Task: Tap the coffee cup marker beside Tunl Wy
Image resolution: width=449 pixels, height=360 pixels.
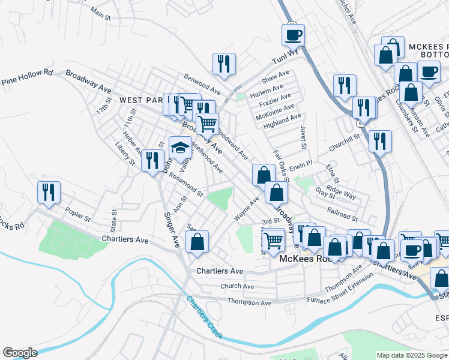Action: pyautogui.click(x=293, y=35)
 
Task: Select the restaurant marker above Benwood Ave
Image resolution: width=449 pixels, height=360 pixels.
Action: pyautogui.click(x=224, y=64)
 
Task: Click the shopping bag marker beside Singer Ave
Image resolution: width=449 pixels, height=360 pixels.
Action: pyautogui.click(x=197, y=242)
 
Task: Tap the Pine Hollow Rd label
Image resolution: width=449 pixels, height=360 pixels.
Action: pyautogui.click(x=27, y=76)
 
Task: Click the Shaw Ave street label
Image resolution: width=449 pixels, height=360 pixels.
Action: pyautogui.click(x=276, y=79)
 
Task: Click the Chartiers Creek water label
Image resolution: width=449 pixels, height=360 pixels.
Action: pyautogui.click(x=204, y=317)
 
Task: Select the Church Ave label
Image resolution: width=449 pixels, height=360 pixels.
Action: pyautogui.click(x=237, y=286)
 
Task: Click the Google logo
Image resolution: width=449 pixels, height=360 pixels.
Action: pyautogui.click(x=20, y=353)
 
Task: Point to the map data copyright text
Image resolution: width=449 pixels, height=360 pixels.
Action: pyautogui.click(x=411, y=355)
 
